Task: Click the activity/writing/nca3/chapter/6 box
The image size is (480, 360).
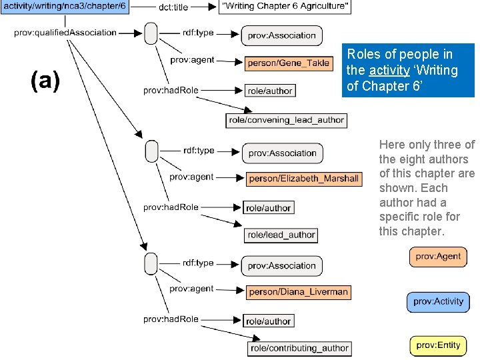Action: [x=65, y=7]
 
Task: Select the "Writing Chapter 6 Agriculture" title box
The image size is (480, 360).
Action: [x=285, y=7]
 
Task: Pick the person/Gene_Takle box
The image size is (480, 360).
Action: [x=287, y=63]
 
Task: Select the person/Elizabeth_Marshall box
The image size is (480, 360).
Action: [x=303, y=179]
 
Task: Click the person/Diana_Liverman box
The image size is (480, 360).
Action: [x=298, y=292]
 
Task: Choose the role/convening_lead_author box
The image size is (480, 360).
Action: [x=286, y=121]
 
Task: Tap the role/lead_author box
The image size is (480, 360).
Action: [x=281, y=235]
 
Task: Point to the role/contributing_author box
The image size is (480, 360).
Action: [x=299, y=348]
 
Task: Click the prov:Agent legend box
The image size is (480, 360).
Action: [x=438, y=257]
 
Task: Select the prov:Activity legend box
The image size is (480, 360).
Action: [x=438, y=302]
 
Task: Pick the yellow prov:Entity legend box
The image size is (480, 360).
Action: [x=438, y=345]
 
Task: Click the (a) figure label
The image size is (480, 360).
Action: [x=45, y=81]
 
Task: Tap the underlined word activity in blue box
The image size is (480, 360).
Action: [x=389, y=71]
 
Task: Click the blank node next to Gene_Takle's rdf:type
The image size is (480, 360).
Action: [x=151, y=33]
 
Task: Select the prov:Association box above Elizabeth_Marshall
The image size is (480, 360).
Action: [x=282, y=153]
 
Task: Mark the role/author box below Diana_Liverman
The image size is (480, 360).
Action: [x=268, y=321]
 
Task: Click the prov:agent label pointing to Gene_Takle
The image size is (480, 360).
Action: [x=192, y=60]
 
